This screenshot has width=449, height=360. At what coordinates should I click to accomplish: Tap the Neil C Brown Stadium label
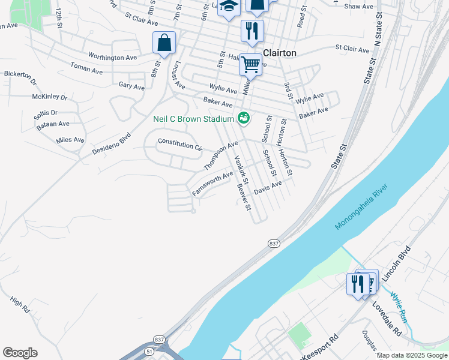click(193, 119)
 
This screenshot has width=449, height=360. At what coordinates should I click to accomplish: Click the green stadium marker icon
click(244, 118)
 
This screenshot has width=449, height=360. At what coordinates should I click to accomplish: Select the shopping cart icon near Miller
click(251, 64)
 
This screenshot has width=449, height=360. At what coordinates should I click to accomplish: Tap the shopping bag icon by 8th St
click(164, 43)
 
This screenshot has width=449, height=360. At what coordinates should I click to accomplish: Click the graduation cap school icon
click(229, 7)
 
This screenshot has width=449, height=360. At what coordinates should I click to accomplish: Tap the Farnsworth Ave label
click(212, 184)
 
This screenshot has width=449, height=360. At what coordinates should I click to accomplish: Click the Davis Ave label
click(268, 188)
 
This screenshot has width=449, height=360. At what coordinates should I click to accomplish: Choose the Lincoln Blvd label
click(396, 263)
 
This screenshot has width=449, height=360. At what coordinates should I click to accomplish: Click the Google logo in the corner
click(20, 353)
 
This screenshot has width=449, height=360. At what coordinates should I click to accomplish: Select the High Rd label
click(20, 307)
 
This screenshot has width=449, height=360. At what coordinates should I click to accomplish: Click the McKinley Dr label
click(50, 96)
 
